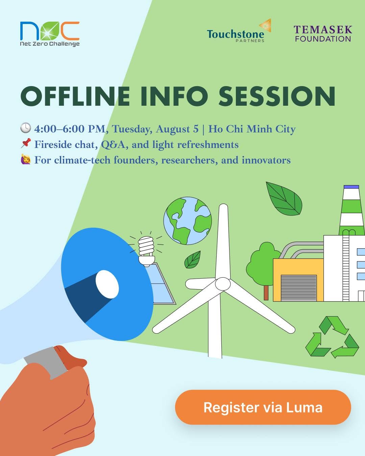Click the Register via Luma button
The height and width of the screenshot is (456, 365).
[263, 407]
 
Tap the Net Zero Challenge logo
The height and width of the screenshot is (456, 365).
[50, 34]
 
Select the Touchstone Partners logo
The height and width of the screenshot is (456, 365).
[239, 31]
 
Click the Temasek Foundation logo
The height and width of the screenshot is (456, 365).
[323, 33]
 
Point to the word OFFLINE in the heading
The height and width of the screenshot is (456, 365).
[75, 96]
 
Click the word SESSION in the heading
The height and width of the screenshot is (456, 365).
[277, 96]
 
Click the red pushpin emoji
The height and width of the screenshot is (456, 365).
[26, 143]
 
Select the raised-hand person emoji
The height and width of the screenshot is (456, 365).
[26, 159]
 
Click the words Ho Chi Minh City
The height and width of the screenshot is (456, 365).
[252, 129]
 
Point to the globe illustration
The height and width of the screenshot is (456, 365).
[188, 221]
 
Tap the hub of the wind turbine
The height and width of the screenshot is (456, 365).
[223, 284]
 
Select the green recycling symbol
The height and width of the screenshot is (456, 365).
[332, 337]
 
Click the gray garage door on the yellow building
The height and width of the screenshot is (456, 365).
[299, 288]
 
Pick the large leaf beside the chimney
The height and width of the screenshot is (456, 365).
[284, 199]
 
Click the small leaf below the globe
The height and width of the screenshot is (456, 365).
[193, 259]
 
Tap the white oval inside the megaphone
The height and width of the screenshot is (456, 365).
[107, 284]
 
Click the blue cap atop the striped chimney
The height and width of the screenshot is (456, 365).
[351, 187]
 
